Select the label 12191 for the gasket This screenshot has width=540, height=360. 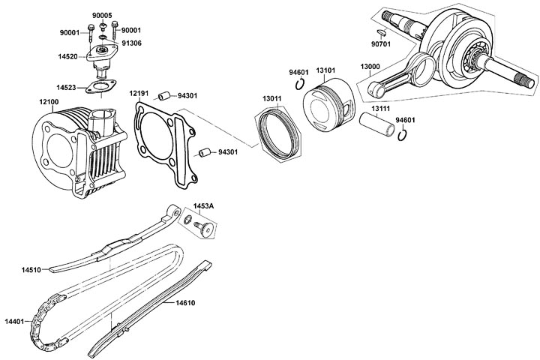[x=137, y=93]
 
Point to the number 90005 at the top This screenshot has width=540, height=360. [x=102, y=15]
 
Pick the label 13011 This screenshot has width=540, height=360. [x=272, y=98]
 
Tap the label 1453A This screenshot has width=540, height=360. [x=204, y=205]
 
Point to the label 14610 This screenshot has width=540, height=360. [x=186, y=303]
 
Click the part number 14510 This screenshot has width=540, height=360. [x=31, y=268]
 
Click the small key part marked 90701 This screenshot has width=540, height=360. [x=381, y=32]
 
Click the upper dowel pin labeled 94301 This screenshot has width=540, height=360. [x=163, y=96]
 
